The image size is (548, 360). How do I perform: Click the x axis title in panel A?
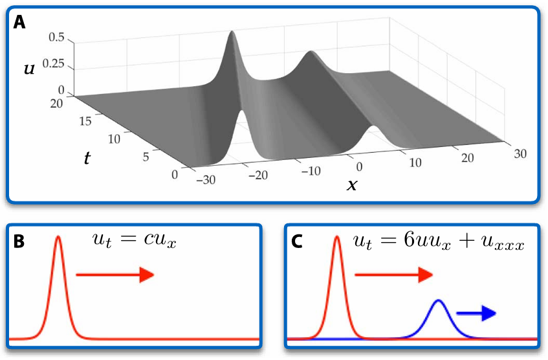(352, 185)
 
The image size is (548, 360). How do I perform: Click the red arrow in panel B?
(115, 275)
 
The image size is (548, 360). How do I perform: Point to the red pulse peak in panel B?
(59, 237)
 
